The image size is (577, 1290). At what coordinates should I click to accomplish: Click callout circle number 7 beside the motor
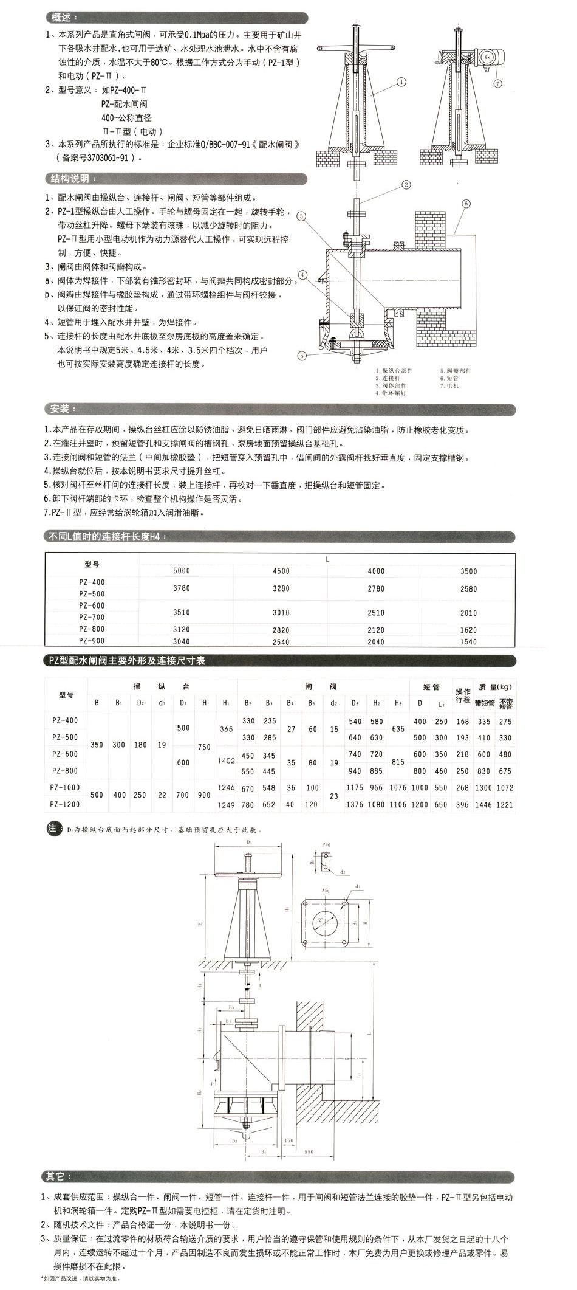498,83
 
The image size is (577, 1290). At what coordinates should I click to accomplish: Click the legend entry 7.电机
451,385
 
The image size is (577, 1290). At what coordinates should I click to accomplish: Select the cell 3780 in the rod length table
182,588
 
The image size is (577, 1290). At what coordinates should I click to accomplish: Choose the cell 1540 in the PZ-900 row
468,641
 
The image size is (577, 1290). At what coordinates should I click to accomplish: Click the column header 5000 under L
182,571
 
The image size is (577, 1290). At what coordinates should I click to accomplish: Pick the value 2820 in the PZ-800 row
281,630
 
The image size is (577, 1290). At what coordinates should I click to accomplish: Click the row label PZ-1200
65,804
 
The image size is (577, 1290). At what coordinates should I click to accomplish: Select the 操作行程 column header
463,695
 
